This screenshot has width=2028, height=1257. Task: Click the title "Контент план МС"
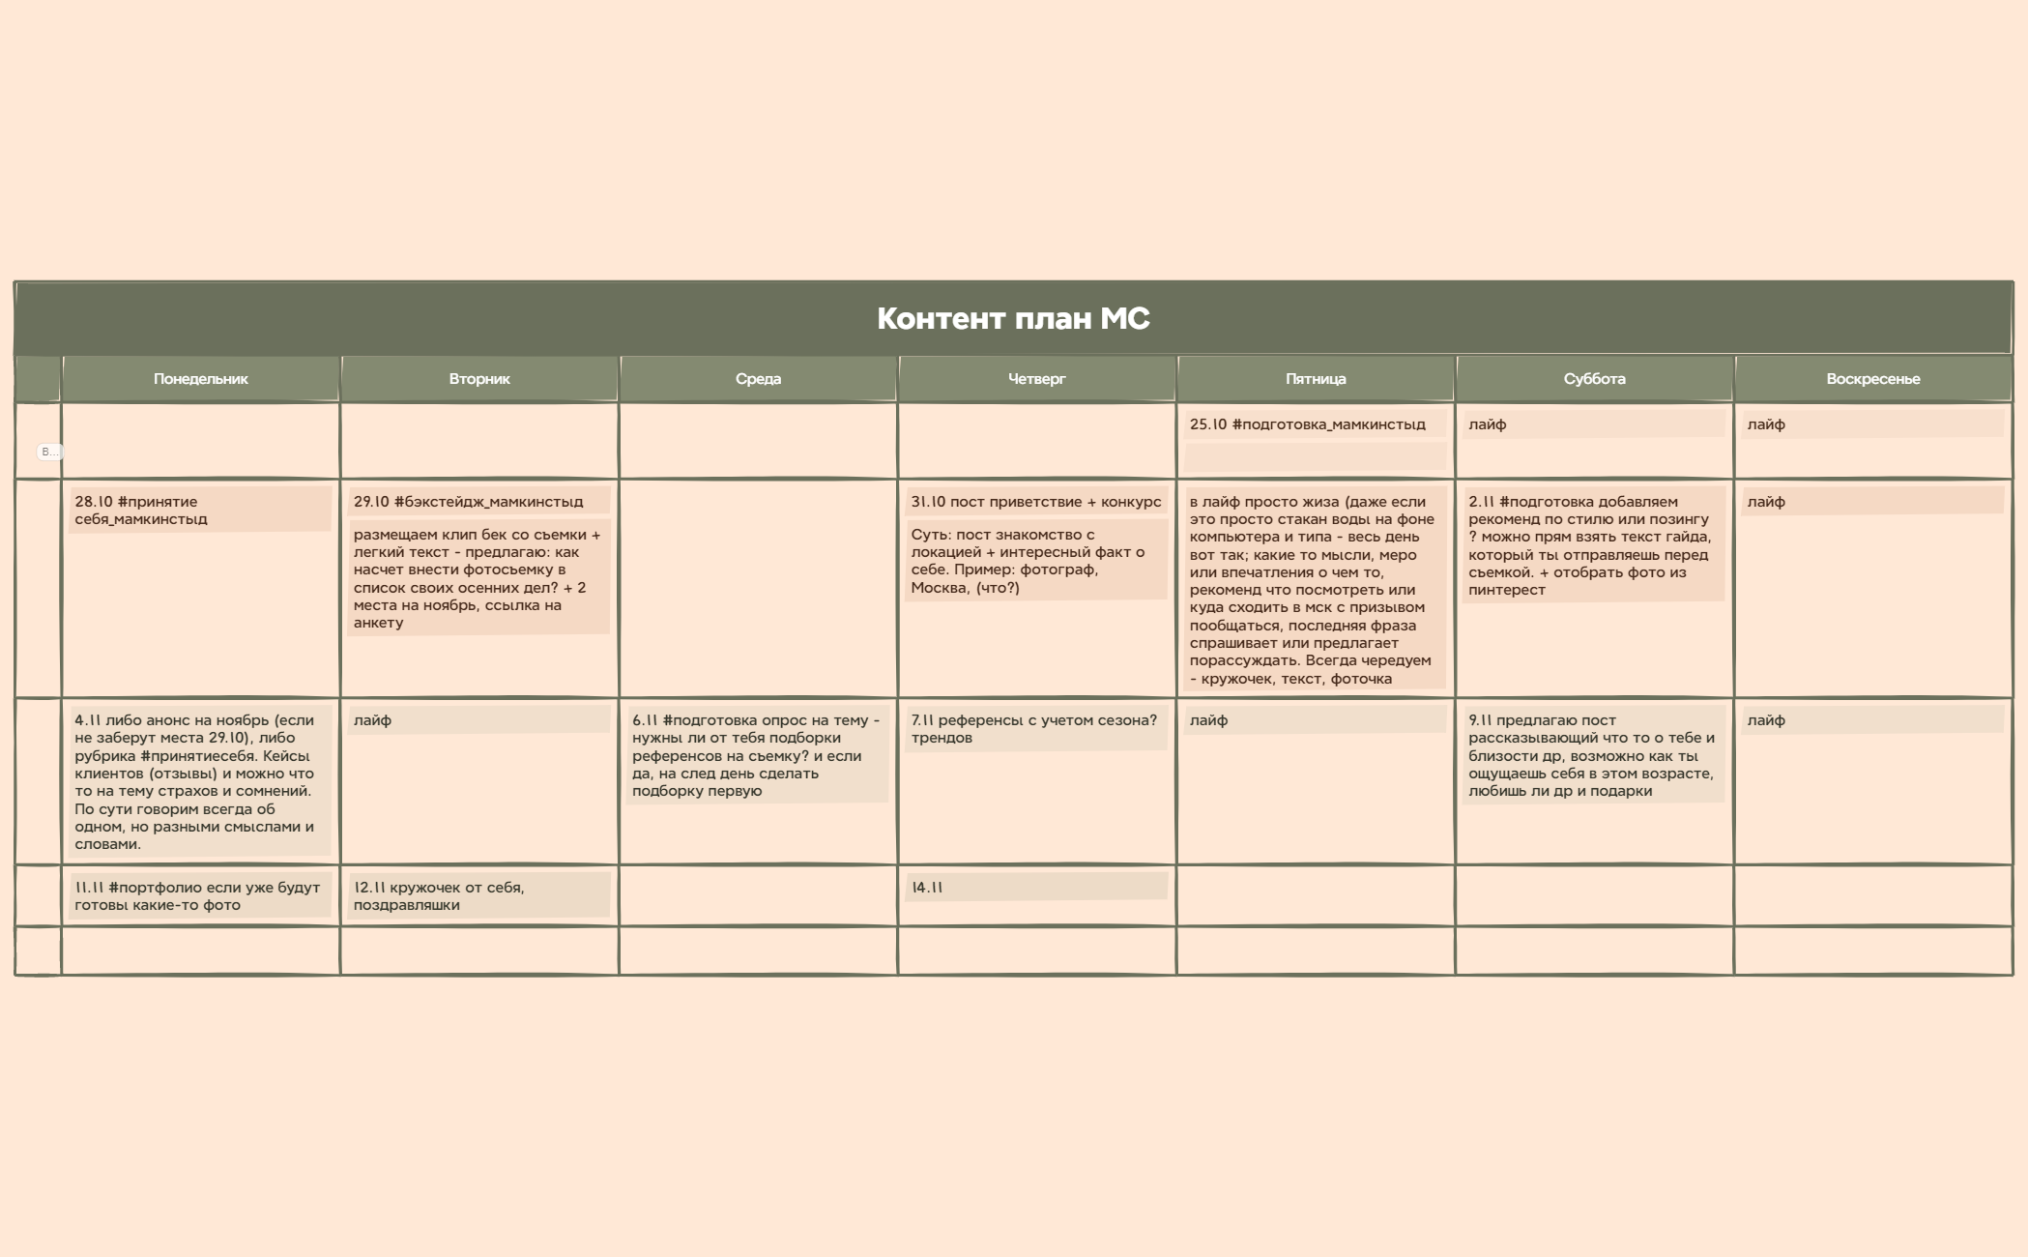coord(1013,319)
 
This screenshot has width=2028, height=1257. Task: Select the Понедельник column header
coord(200,379)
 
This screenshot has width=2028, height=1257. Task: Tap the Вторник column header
coord(479,379)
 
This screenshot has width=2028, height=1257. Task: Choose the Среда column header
coord(758,379)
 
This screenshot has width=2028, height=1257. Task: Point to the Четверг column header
coord(1036,379)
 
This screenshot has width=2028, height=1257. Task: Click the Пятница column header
coord(1316,379)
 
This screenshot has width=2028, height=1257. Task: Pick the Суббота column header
coord(1594,379)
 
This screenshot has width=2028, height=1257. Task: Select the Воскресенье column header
coord(1872,379)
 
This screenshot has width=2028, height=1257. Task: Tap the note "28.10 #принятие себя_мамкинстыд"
coord(199,511)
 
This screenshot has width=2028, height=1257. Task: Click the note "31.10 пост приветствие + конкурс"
coord(1035,502)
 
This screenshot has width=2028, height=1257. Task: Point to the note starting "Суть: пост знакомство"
coord(1035,561)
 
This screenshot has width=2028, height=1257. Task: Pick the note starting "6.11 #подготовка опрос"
coord(757,755)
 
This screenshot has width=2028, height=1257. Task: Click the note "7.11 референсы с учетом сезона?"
coord(1035,729)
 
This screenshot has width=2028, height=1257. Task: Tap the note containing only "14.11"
coord(1035,888)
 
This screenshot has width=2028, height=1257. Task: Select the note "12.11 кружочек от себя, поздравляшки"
coord(478,896)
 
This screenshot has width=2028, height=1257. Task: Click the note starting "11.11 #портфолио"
coord(199,896)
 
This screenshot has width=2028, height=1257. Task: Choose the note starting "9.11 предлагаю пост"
coord(1593,755)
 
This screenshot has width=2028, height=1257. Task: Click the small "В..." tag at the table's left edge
coord(48,452)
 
